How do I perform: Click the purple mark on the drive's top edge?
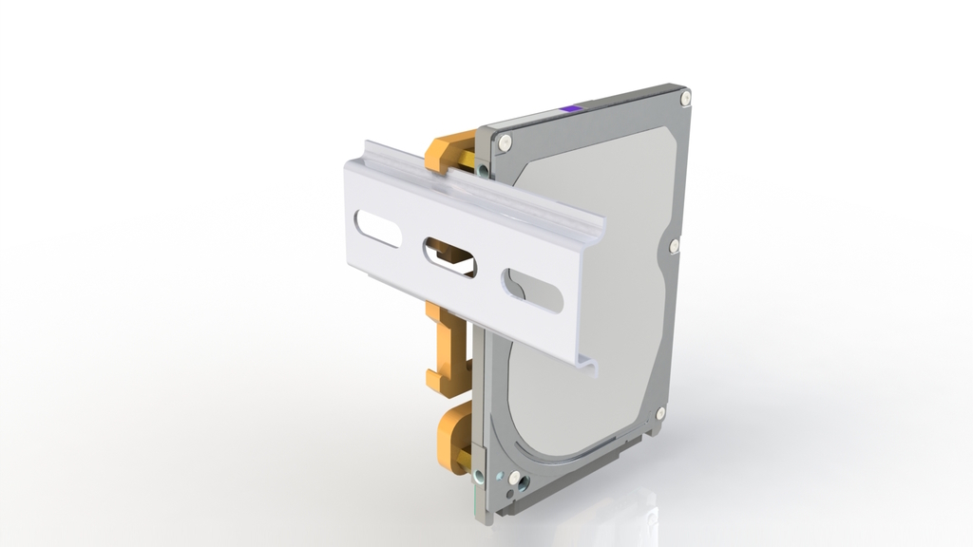[570, 109]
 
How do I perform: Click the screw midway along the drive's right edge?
[674, 246]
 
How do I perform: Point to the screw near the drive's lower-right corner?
[660, 413]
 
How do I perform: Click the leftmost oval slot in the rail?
[377, 229]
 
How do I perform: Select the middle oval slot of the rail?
[449, 257]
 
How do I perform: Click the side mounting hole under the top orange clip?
[484, 170]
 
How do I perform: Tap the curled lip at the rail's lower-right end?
[589, 366]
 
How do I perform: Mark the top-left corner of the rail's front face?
[345, 164]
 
